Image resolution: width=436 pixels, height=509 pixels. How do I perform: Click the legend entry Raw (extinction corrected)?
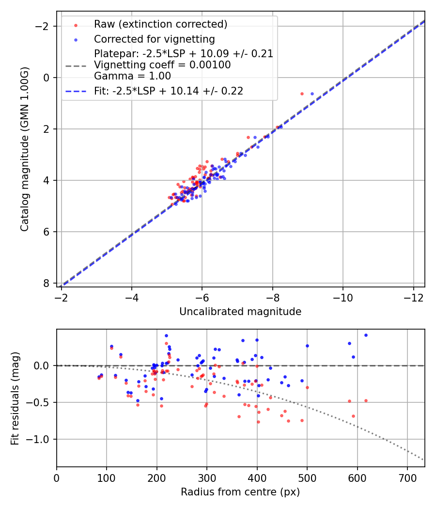tap(160, 24)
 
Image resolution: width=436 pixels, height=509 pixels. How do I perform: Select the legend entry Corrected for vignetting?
tap(154, 39)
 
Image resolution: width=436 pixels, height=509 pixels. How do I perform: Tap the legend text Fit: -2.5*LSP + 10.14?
tap(169, 91)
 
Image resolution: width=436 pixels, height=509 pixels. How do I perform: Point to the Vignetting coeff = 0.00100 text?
tap(162, 64)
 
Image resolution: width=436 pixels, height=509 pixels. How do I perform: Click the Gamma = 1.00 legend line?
tap(132, 76)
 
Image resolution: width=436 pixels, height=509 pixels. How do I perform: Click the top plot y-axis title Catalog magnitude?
tap(25, 149)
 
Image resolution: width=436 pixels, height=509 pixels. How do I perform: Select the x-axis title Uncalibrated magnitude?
tap(240, 312)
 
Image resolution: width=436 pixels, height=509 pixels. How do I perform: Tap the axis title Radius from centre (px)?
tap(240, 492)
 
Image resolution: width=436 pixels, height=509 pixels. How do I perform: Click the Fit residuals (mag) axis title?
tap(15, 398)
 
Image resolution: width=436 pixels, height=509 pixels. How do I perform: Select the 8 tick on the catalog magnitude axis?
tap(47, 283)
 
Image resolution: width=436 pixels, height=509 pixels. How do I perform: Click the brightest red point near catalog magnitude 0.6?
tap(302, 94)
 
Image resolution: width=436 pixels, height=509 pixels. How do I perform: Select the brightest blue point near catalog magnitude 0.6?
tap(312, 94)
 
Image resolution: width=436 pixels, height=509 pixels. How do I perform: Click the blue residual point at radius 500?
tap(307, 346)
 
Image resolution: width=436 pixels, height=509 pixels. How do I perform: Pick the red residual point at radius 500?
tap(307, 387)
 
